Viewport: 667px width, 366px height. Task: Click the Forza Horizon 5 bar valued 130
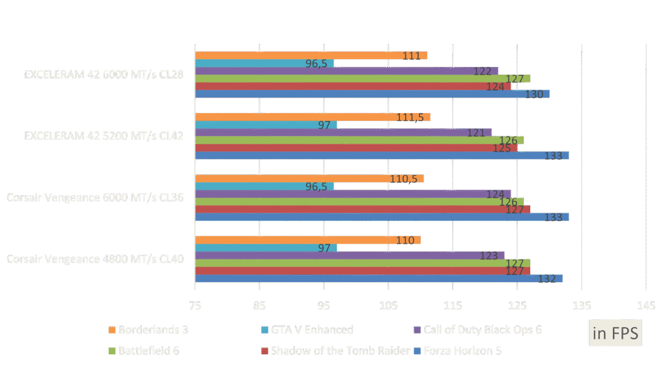click(371, 94)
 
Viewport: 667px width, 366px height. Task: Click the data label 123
click(489, 255)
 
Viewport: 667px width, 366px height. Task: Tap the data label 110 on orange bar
click(405, 241)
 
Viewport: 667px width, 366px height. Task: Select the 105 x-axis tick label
click(388, 304)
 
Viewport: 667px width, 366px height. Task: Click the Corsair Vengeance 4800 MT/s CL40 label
click(95, 259)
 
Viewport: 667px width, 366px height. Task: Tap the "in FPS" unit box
click(616, 334)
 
